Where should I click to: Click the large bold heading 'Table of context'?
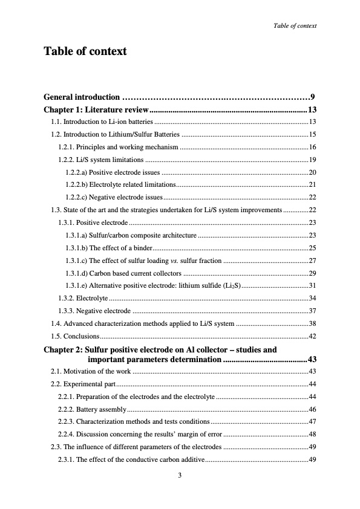85,51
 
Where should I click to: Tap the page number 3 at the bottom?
180,476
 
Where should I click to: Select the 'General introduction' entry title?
82,97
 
